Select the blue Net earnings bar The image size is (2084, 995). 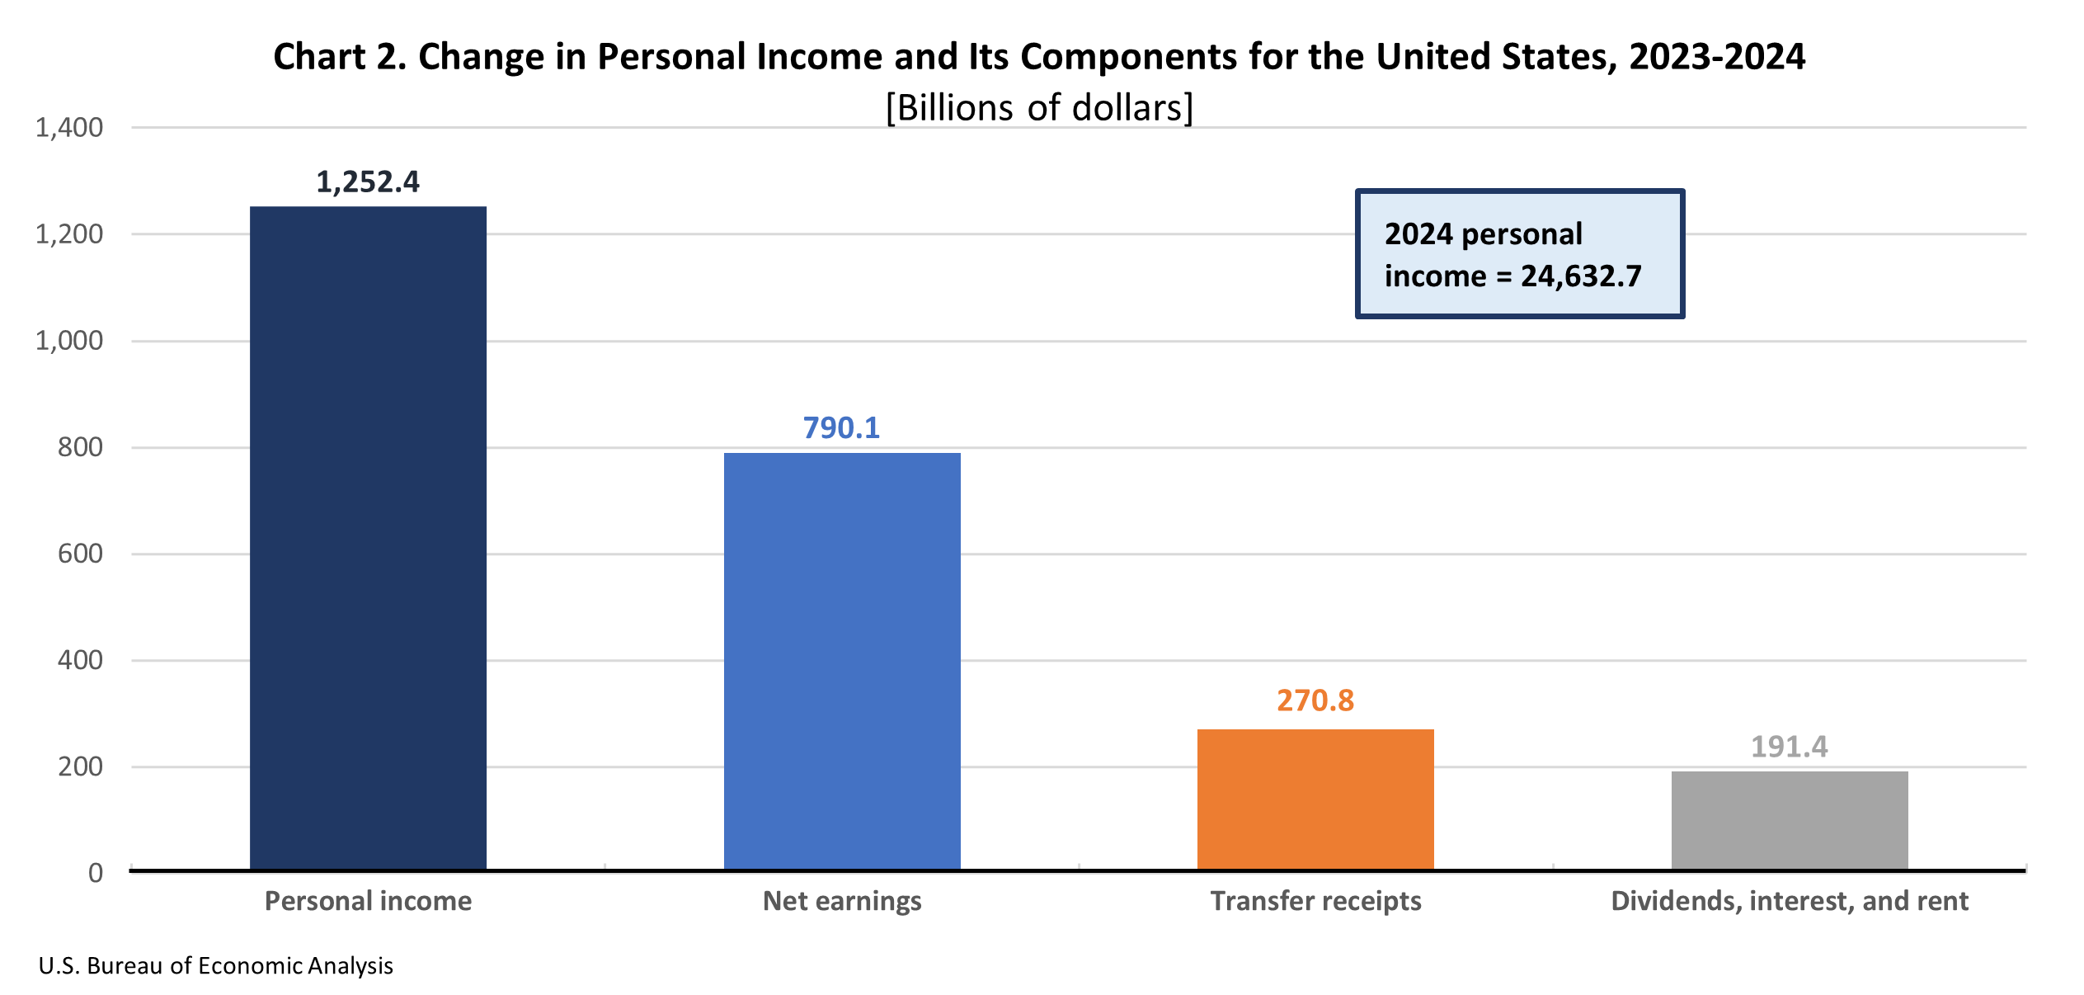tap(842, 661)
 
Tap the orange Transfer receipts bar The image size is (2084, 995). tap(1315, 799)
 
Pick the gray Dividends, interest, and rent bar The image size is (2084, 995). tap(1790, 820)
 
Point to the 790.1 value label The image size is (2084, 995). tap(841, 428)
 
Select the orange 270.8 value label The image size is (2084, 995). tap(1315, 700)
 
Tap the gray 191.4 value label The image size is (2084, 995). tap(1789, 747)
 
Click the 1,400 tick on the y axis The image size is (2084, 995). tap(69, 128)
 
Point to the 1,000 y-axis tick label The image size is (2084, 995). tap(69, 341)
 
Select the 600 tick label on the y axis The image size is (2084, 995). tap(80, 554)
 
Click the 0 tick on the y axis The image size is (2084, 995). tap(96, 873)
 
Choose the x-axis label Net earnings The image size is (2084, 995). tap(842, 901)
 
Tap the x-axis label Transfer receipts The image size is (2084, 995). tap(1315, 901)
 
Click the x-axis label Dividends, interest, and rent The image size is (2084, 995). tap(1790, 901)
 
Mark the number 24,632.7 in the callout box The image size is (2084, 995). tap(1581, 276)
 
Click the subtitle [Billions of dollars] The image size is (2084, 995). tap(1039, 108)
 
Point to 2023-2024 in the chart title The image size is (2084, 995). tap(1717, 57)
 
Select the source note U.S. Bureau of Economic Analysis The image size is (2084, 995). tap(216, 966)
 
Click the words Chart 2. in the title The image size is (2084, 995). tap(340, 57)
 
